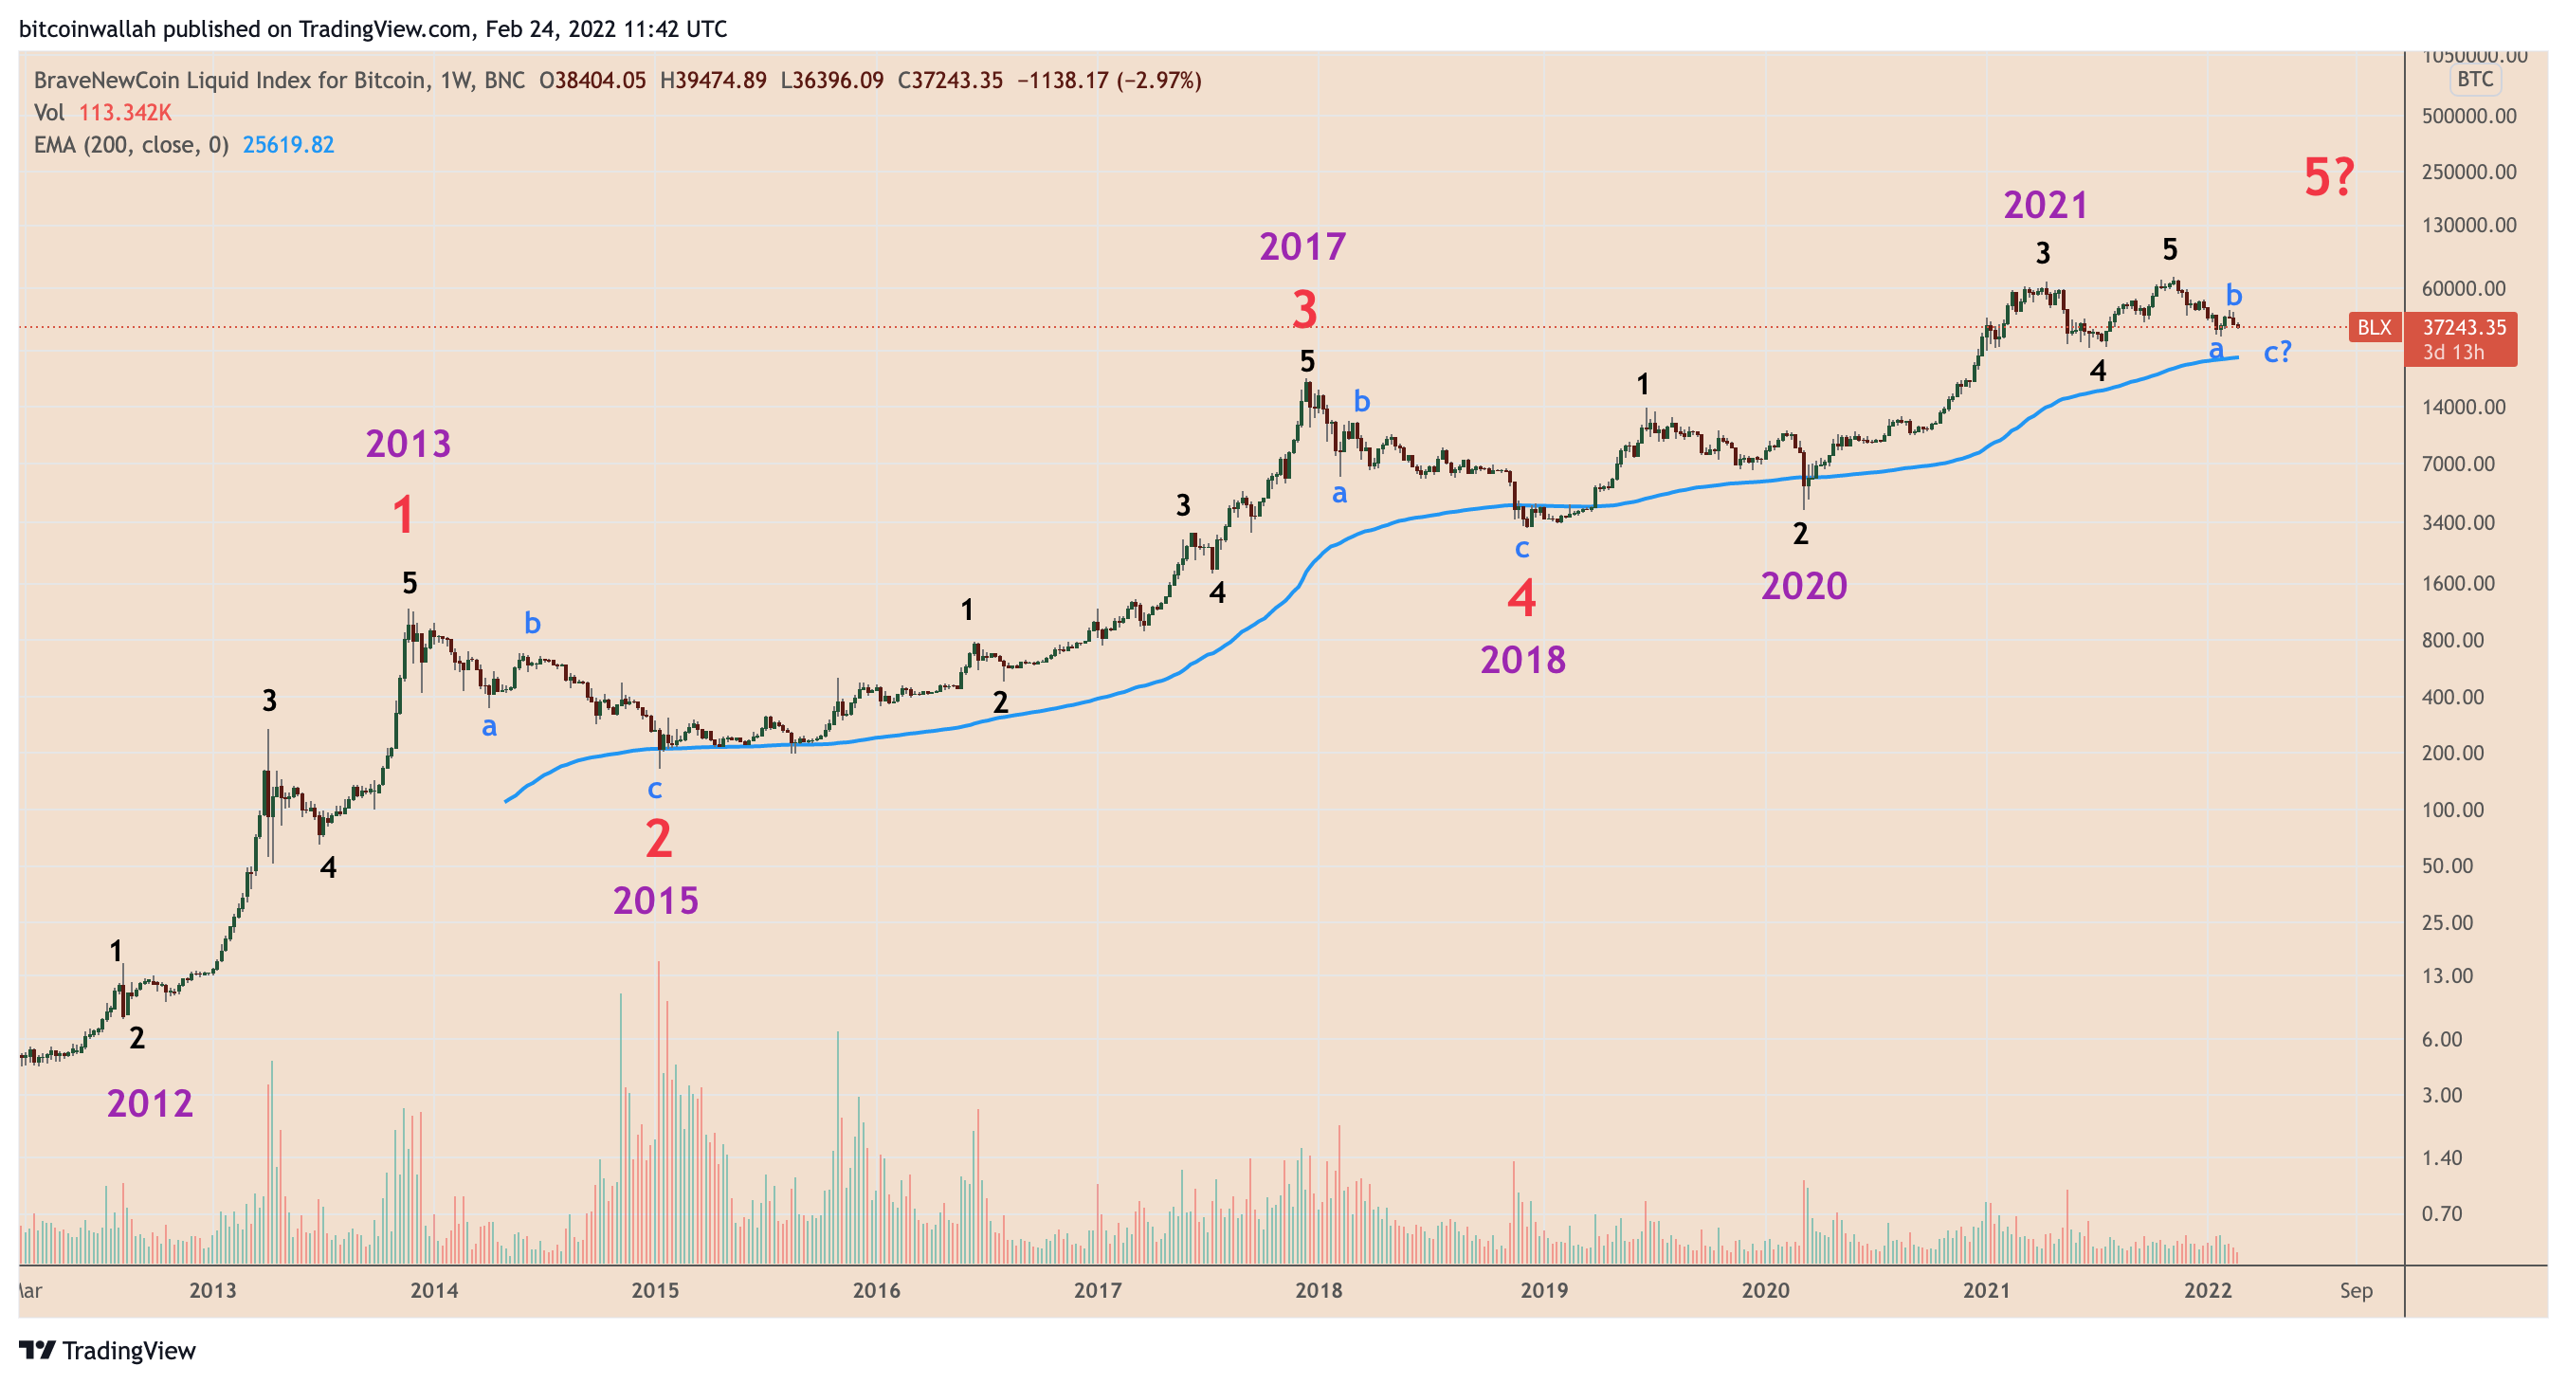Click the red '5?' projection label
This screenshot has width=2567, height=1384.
coord(2328,177)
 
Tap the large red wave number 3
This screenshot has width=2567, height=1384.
coord(1304,309)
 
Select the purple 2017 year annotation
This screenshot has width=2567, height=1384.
coord(1302,246)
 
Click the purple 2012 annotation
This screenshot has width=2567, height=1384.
coord(150,1103)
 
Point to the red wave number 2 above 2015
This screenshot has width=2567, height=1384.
coord(658,838)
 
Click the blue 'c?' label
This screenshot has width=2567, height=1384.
coord(2277,351)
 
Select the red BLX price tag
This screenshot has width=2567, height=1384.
coord(2374,327)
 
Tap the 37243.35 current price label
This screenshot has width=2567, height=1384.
coord(2464,328)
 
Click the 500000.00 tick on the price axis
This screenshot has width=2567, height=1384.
coord(2468,116)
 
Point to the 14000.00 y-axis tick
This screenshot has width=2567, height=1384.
coord(2464,407)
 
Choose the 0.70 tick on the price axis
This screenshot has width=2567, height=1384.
coord(2442,1213)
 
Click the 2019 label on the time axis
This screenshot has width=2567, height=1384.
coord(1542,1290)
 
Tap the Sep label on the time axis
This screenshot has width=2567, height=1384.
coord(2356,1290)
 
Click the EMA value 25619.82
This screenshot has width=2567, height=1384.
coord(288,145)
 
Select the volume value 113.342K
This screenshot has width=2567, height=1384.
coord(124,113)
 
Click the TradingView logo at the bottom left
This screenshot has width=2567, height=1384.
coord(108,1350)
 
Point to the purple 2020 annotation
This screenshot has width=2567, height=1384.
coord(1804,586)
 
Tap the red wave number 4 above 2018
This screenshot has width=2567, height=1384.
coord(1520,599)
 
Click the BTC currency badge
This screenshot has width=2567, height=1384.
coord(2474,80)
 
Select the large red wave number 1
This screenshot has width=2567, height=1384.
coord(403,515)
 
